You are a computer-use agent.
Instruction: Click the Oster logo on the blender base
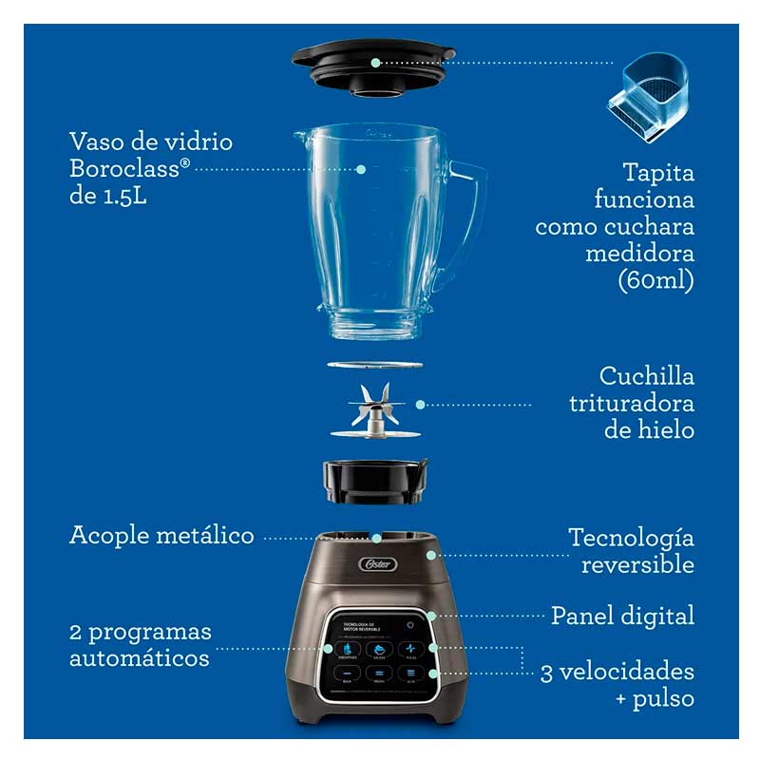372,564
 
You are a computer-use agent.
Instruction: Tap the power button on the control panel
410,625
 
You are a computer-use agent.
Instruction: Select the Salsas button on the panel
380,651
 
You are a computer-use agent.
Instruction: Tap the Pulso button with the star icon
410,651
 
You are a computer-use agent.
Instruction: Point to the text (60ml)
656,281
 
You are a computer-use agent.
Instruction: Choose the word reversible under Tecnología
637,564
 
